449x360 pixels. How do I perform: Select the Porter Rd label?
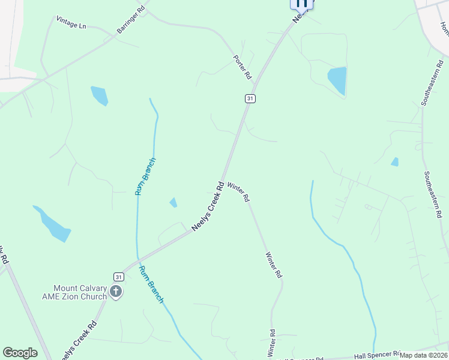click(243, 68)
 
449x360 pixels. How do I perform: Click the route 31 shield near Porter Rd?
click(250, 98)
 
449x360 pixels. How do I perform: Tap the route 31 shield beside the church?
click(118, 277)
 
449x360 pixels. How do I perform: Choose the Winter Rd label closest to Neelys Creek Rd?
click(238, 191)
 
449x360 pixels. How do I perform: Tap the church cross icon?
click(116, 292)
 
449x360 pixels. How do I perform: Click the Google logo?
click(20, 353)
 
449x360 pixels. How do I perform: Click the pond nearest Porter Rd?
click(337, 80)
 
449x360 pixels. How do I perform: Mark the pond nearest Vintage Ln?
click(99, 95)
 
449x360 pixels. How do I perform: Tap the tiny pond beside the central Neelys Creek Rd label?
click(173, 202)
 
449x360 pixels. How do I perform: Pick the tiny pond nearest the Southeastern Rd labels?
click(394, 161)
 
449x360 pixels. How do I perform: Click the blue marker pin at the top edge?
click(302, 4)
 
